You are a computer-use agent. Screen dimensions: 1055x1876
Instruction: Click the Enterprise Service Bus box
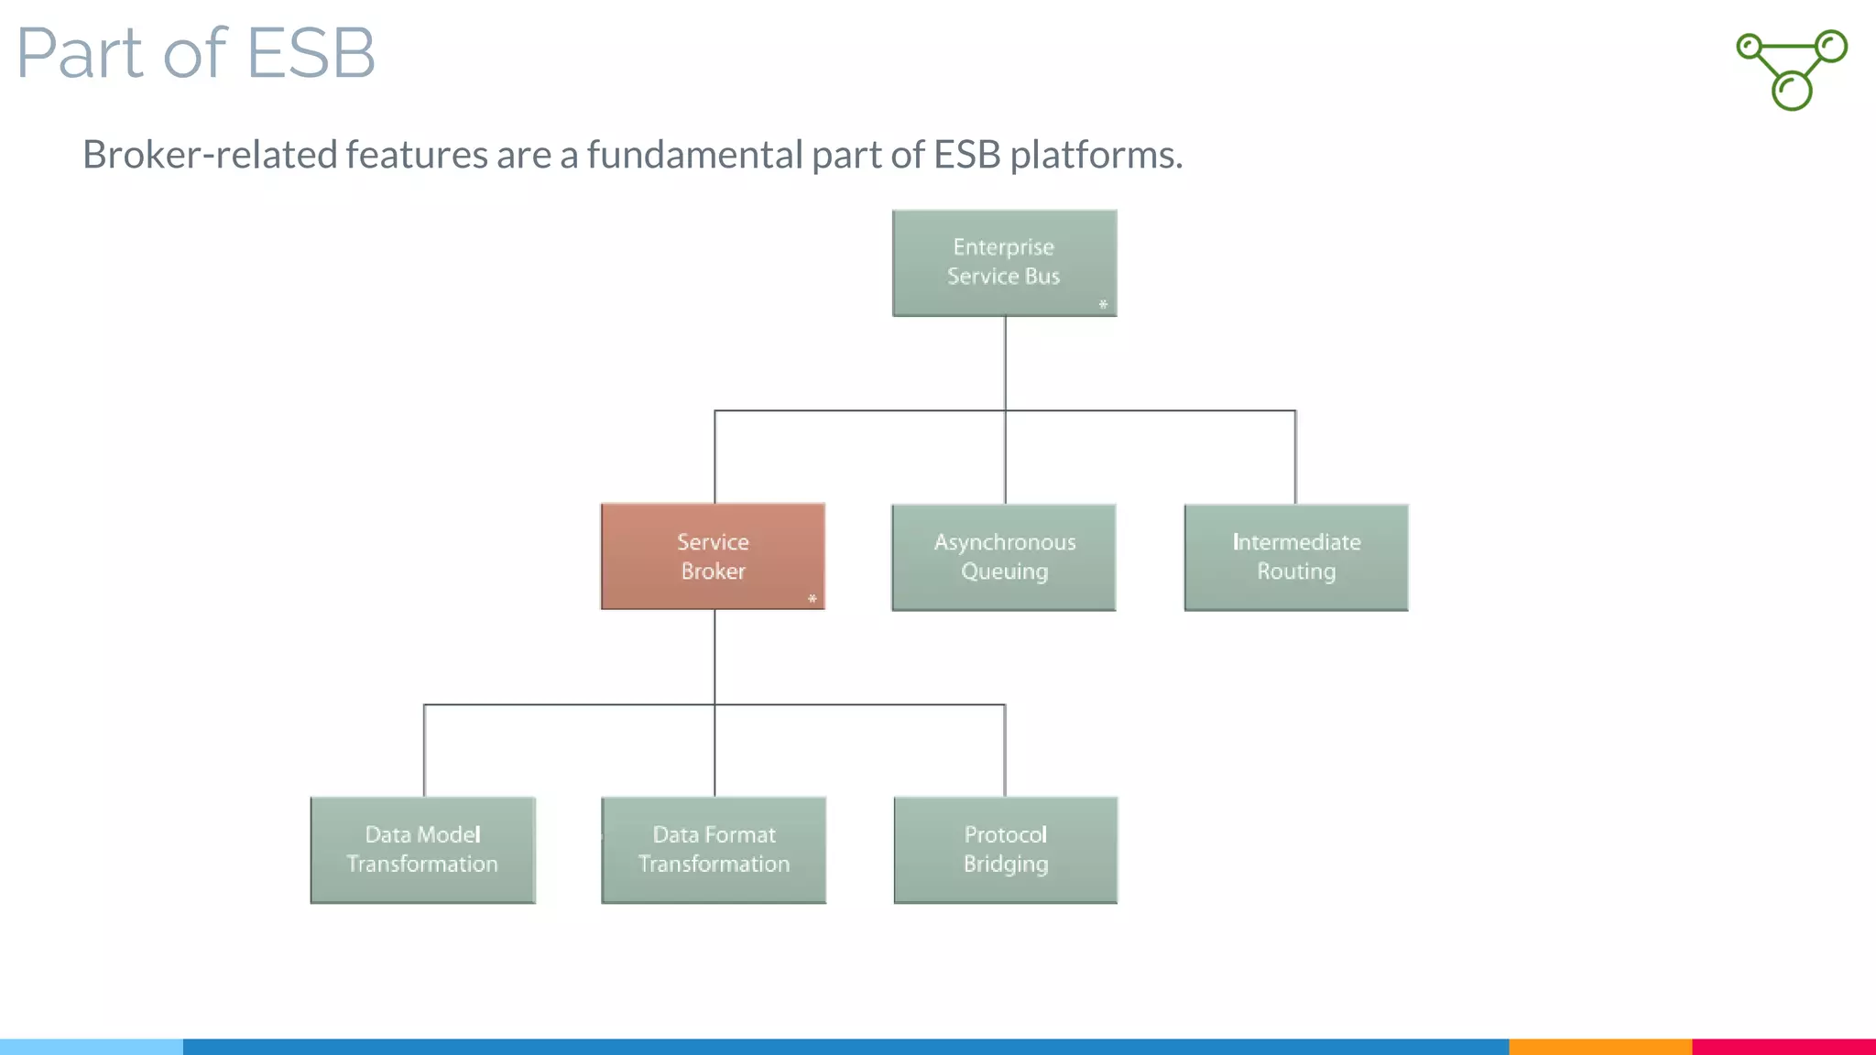(x=1004, y=263)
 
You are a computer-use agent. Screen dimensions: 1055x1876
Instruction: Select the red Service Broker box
(x=713, y=556)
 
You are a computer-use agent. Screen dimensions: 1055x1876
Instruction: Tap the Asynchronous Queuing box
(x=1004, y=557)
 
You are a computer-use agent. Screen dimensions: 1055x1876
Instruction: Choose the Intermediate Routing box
(x=1295, y=557)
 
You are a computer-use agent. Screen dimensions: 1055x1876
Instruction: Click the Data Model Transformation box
(x=422, y=850)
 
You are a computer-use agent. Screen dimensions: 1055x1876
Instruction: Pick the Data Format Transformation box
(x=714, y=850)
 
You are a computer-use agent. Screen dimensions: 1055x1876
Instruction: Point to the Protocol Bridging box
(x=1005, y=850)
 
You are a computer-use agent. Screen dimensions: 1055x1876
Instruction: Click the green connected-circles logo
(x=1792, y=70)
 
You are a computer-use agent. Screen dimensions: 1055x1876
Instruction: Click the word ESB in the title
(x=311, y=53)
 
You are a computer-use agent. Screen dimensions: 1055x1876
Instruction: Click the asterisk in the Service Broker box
(x=812, y=599)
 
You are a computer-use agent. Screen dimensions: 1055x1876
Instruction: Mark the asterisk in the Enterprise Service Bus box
(x=1103, y=305)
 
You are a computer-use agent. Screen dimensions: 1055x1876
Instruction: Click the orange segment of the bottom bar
(x=1599, y=1046)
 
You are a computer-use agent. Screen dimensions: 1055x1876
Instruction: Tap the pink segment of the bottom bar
(x=1783, y=1046)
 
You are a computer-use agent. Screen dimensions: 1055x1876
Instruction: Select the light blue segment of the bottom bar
(x=92, y=1046)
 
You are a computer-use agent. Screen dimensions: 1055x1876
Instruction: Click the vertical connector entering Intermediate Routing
(x=1295, y=458)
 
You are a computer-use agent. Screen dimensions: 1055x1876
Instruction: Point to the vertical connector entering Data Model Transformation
(x=424, y=751)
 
